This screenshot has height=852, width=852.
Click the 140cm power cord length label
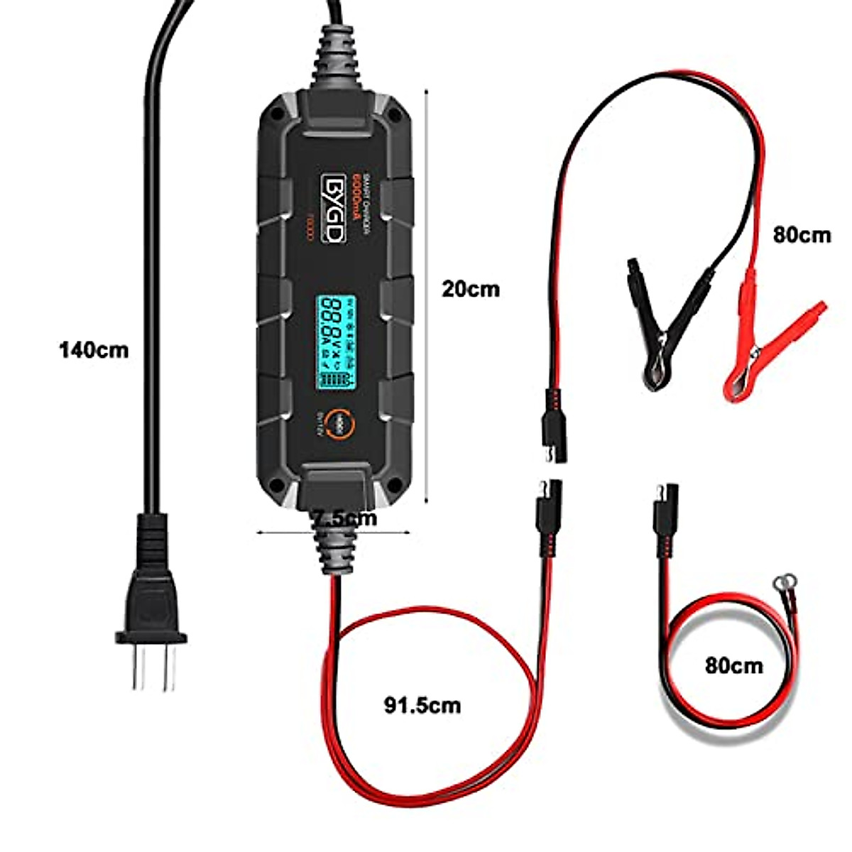click(x=94, y=350)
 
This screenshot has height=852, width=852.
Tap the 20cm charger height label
click(x=470, y=289)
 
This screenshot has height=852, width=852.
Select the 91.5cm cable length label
click(x=422, y=705)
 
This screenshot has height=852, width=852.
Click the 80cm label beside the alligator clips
click(x=802, y=234)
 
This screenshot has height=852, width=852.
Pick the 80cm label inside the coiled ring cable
click(x=734, y=665)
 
